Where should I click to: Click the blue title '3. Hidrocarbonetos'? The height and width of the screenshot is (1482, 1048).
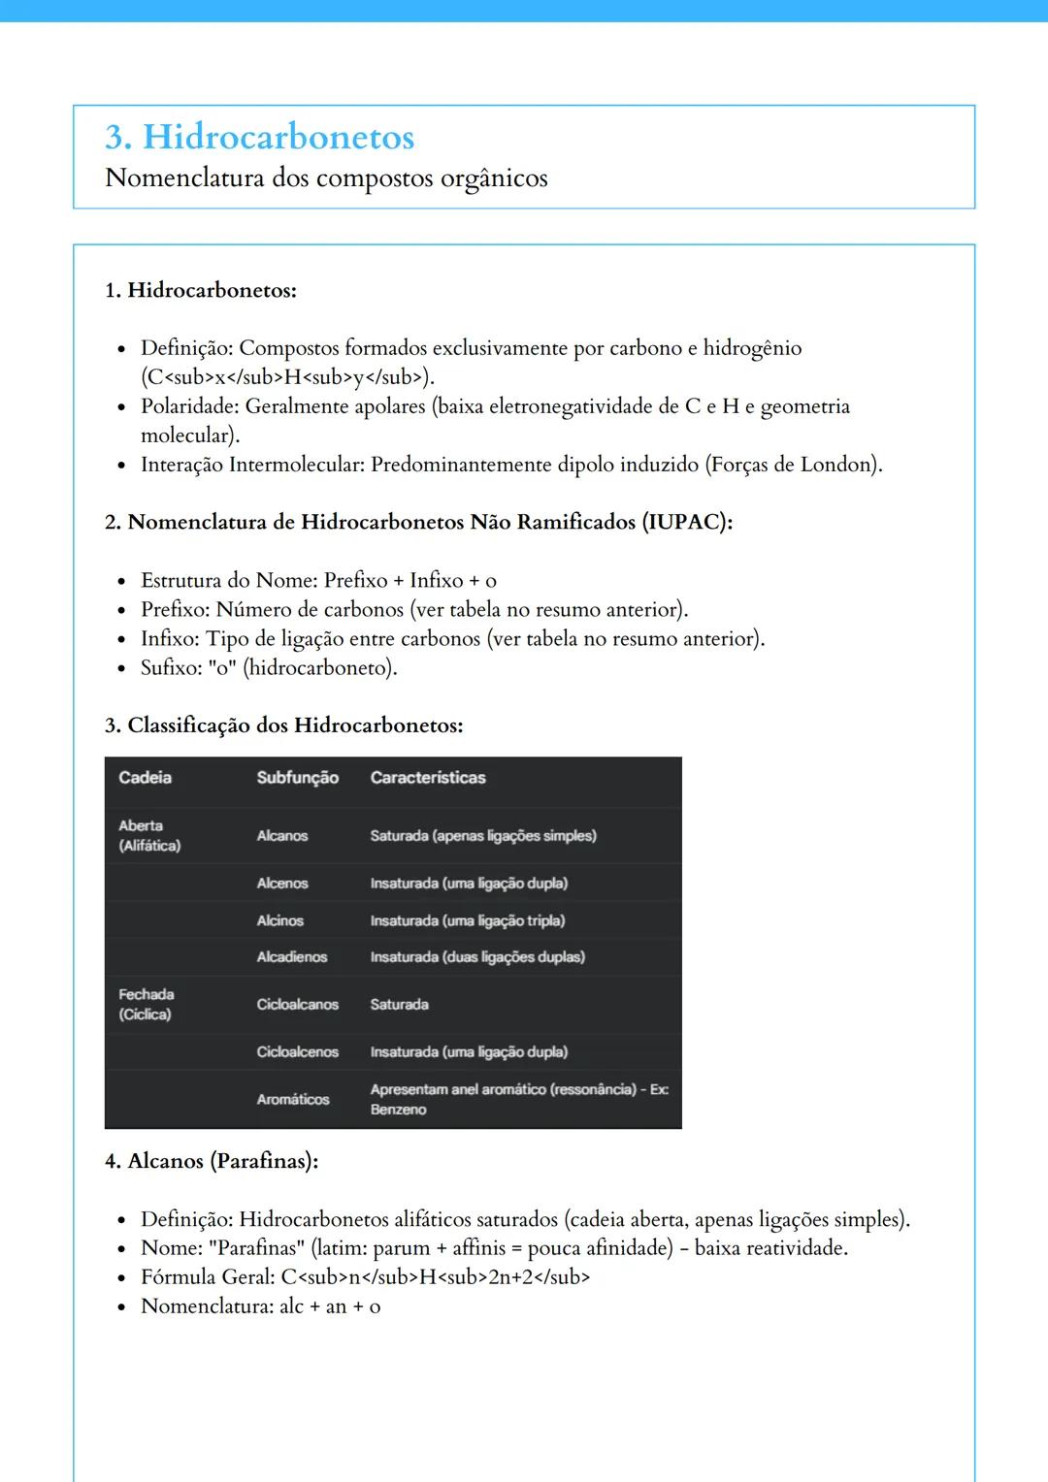pyautogui.click(x=260, y=137)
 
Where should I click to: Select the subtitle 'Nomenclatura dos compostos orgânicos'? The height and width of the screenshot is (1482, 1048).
pyautogui.click(x=326, y=178)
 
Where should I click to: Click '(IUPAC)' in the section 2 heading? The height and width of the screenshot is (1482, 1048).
pyautogui.click(x=686, y=522)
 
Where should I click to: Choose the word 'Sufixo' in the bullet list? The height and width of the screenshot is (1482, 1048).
pyautogui.click(x=169, y=668)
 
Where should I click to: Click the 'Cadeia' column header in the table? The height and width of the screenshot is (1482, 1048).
pyautogui.click(x=145, y=778)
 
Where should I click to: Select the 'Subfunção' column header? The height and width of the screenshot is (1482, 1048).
pyautogui.click(x=297, y=778)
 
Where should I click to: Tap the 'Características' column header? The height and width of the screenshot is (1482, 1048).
pyautogui.click(x=428, y=778)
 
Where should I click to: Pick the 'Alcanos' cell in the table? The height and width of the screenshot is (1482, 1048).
pyautogui.click(x=281, y=836)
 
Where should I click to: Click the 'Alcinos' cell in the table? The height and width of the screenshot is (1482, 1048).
pyautogui.click(x=279, y=920)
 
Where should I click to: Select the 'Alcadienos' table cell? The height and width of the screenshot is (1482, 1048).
pyautogui.click(x=291, y=957)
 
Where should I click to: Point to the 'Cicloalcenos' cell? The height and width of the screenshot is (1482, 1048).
pyautogui.click(x=297, y=1052)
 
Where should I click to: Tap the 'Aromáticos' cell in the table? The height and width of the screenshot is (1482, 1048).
pyautogui.click(x=292, y=1100)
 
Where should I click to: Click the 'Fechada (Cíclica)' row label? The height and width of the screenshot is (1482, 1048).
pyautogui.click(x=146, y=1005)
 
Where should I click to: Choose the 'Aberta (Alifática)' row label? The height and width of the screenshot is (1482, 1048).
pyautogui.click(x=149, y=836)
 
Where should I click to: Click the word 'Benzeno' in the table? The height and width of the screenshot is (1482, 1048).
pyautogui.click(x=398, y=1110)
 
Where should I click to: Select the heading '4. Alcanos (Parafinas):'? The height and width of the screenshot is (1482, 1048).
pyautogui.click(x=212, y=1161)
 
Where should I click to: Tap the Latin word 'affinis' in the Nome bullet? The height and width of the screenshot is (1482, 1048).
pyautogui.click(x=478, y=1248)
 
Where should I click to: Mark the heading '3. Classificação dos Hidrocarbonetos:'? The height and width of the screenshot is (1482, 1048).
pyautogui.click(x=283, y=725)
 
